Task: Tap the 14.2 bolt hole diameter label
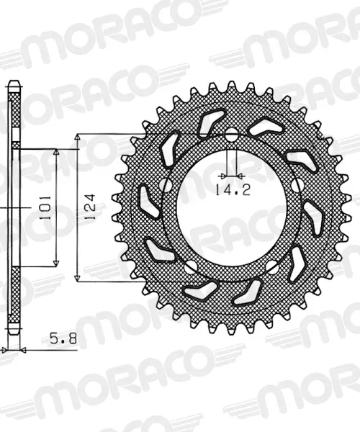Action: coord(233,190)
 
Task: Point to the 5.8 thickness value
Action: coord(63,338)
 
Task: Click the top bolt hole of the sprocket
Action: coord(232,135)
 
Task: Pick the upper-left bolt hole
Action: coord(166,185)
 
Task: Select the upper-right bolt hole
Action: coord(297,185)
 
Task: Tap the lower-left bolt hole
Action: coord(191,267)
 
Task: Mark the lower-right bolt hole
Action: coord(272,267)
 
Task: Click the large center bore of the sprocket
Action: coord(232,207)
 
